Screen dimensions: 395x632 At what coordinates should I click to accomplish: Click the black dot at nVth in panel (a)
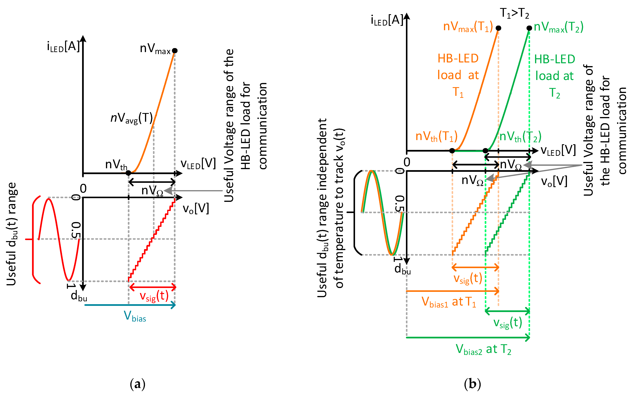click(128, 173)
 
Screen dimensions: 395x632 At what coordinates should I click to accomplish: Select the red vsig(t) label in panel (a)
click(154, 297)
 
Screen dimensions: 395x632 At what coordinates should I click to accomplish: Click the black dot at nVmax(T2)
click(529, 28)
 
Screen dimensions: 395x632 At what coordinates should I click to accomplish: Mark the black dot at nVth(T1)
click(452, 151)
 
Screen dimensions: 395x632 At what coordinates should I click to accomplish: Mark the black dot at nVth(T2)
click(485, 151)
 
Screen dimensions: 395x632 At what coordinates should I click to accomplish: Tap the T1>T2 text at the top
click(514, 13)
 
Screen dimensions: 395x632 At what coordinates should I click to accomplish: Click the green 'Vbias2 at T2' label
click(483, 350)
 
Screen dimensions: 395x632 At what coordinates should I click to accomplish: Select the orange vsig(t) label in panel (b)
click(467, 278)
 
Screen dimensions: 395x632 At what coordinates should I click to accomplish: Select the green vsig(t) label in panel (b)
click(508, 323)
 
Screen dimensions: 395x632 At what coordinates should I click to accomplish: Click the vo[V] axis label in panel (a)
click(196, 209)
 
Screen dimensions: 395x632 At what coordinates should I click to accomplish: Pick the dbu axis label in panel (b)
click(402, 269)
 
